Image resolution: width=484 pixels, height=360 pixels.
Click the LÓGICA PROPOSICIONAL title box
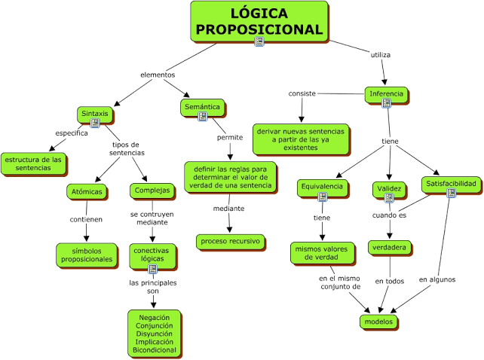tap(259, 22)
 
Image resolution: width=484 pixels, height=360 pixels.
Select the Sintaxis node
tap(95, 114)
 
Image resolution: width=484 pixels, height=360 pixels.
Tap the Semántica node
tap(203, 108)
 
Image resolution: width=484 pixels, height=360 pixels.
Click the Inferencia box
tap(386, 94)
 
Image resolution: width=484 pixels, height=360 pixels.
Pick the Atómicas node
tap(87, 191)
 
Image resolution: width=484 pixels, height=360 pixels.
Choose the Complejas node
tap(152, 191)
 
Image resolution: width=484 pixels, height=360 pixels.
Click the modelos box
tap(378, 322)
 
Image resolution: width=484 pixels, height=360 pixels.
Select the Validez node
tap(389, 189)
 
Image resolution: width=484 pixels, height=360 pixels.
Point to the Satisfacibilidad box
tap(451, 185)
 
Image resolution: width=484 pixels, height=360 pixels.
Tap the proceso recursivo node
tap(230, 242)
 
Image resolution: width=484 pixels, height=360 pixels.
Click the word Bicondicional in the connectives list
tap(155, 349)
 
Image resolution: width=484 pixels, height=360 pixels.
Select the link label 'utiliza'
tap(380, 55)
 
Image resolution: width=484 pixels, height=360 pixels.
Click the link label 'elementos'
tap(158, 75)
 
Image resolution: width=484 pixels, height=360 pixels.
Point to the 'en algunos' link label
tap(437, 279)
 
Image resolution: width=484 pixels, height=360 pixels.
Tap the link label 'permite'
tap(230, 137)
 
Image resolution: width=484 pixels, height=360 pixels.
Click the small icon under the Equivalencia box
tap(322, 197)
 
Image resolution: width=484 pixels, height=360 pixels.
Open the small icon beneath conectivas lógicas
tap(152, 269)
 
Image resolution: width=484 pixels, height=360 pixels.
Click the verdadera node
tap(390, 248)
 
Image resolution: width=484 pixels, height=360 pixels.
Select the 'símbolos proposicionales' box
tap(87, 255)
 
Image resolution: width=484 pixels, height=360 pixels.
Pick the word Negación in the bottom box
tap(155, 317)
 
